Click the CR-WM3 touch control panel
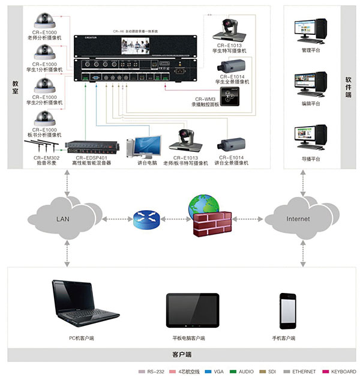pyautogui.click(x=230, y=95)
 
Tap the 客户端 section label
pyautogui.click(x=179, y=355)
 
